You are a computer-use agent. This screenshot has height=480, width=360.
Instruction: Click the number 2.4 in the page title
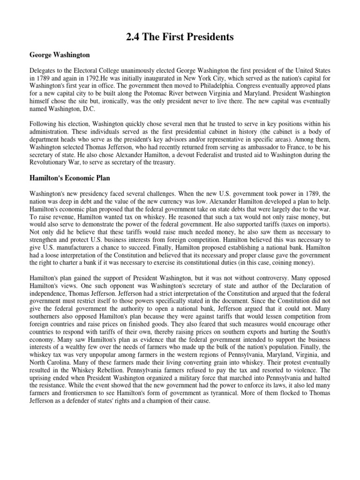click(x=134, y=38)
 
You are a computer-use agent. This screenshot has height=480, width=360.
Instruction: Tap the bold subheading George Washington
click(x=60, y=55)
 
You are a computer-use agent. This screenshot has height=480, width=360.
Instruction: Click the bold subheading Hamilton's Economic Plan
click(x=73, y=179)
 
